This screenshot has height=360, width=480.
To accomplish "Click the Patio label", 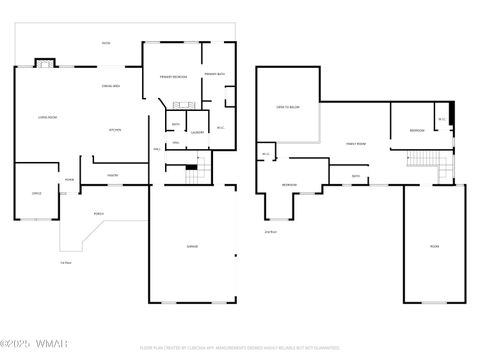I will (106, 43).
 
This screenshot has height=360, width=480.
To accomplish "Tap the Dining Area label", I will (112, 87).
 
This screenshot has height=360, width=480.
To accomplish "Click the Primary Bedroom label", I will (174, 77).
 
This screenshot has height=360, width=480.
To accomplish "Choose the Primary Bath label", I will (215, 75).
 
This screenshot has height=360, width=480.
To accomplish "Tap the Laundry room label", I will (198, 131).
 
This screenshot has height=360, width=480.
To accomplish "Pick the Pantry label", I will (113, 175).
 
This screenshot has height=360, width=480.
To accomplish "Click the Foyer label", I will (69, 180).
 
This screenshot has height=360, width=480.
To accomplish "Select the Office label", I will (36, 193).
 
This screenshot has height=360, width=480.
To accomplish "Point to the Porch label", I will (99, 213).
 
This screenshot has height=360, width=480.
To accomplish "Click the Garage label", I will (193, 246).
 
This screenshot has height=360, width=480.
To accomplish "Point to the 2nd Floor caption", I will (270, 232).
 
